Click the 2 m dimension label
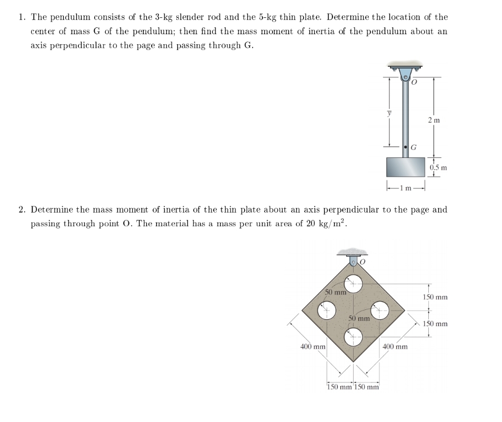coord(434,120)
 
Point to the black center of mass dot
coord(406,147)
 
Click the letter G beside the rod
coord(414,148)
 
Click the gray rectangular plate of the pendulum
coord(405,167)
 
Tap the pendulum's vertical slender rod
coord(405,116)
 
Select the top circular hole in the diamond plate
coord(354,284)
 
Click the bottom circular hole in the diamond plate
coord(354,336)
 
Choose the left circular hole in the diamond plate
coord(327,310)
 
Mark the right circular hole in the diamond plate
coord(380,310)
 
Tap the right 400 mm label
coord(395,347)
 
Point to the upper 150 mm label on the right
coord(435,297)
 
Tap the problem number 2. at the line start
coord(22,210)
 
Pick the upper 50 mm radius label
coord(335,292)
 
